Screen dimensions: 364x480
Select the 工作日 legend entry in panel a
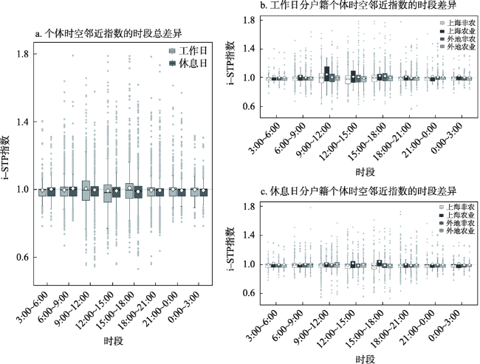(x=191, y=50)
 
